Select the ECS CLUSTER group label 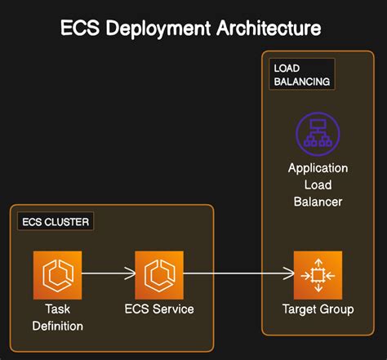point(56,221)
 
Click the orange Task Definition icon point(58,276)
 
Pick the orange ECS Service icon point(158,276)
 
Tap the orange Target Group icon point(318,276)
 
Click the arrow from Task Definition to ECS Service point(108,276)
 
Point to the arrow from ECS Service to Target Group point(237,276)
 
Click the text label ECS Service point(158,310)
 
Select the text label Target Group point(318,310)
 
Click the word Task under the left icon point(58,310)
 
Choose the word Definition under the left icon point(58,327)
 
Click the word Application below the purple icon point(318,168)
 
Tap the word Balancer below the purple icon point(318,201)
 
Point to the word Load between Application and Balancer point(318,184)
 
